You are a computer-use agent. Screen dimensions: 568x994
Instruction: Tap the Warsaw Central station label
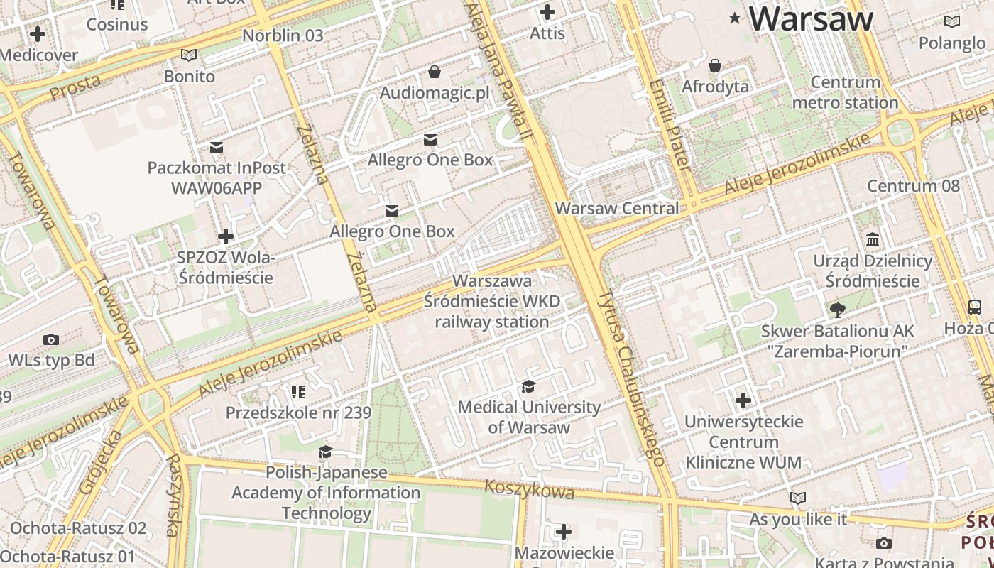[x=616, y=209]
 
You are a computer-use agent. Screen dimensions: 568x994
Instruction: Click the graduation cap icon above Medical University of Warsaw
[x=528, y=386]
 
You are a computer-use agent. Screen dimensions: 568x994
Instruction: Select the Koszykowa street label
[x=529, y=489]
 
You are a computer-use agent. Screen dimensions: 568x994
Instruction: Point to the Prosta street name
[x=75, y=87]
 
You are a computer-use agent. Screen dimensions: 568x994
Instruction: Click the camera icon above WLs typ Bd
[x=51, y=339]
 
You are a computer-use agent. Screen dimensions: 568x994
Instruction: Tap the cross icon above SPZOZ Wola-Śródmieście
[x=226, y=236]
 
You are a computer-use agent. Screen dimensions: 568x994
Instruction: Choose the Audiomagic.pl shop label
[x=435, y=93]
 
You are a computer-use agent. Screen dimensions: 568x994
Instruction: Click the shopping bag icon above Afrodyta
[x=715, y=65]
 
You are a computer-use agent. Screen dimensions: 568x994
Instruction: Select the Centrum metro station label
[x=845, y=92]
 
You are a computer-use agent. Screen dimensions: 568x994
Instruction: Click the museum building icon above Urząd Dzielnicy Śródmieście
[x=873, y=239]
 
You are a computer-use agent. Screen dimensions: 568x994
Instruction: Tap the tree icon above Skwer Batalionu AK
[x=837, y=310]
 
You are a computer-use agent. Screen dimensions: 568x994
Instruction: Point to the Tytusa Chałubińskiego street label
[x=631, y=376]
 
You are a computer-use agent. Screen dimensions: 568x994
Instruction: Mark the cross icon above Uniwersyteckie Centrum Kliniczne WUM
[x=743, y=400]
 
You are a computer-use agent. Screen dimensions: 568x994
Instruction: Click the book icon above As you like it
[x=798, y=498]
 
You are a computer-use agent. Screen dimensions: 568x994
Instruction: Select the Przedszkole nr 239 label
[x=298, y=413]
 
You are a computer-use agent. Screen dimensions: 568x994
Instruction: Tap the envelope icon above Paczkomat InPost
[x=217, y=147]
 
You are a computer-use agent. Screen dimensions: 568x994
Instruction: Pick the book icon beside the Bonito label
[x=189, y=55]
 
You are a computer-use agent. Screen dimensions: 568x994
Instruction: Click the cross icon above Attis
[x=547, y=12]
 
